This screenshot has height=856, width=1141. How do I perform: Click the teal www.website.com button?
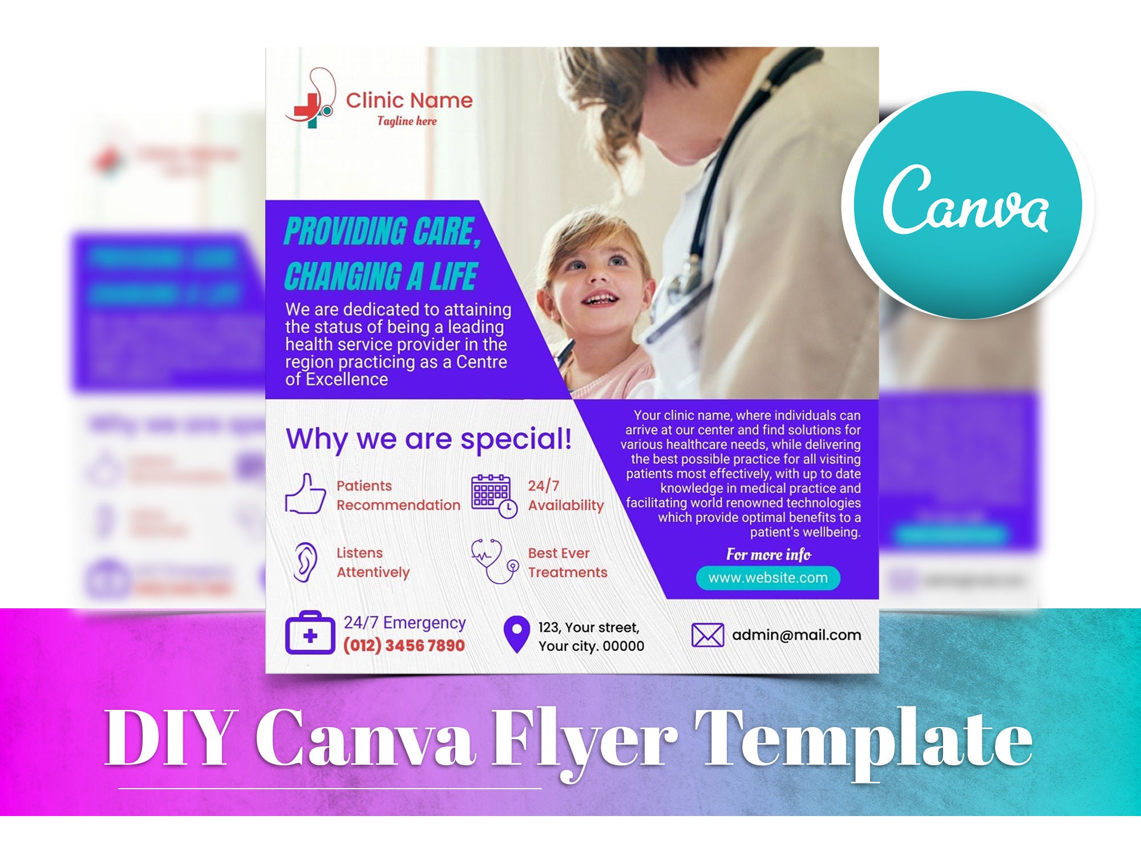[768, 578]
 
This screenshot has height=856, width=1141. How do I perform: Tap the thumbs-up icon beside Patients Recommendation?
[305, 494]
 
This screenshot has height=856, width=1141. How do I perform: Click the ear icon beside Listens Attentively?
[305, 562]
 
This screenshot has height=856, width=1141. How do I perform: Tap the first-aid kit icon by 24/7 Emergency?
[310, 633]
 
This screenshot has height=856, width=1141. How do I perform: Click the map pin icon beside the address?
[516, 634]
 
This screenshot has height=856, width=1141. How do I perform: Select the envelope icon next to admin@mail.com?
[707, 635]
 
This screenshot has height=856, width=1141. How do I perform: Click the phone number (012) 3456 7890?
[404, 645]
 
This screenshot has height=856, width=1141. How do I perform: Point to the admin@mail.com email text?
[796, 635]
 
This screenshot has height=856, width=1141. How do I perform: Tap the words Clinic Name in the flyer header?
[409, 100]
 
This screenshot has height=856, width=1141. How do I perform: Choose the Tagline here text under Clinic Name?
[407, 121]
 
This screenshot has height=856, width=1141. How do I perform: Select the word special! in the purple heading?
[516, 439]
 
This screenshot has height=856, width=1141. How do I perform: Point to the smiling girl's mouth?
[601, 299]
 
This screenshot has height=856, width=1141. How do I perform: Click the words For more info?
[768, 555]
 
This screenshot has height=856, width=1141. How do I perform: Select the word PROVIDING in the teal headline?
[345, 232]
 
